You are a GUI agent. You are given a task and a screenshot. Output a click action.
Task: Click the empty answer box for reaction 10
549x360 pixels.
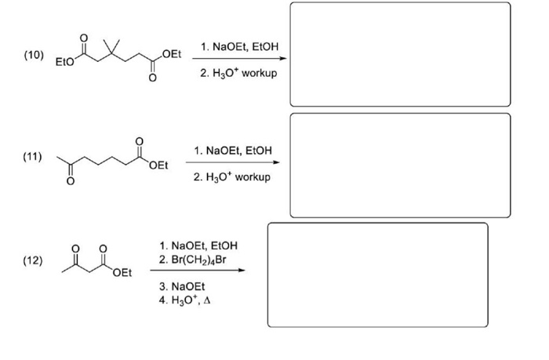click(x=400, y=54)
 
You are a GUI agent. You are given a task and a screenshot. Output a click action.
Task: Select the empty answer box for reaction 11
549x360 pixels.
click(x=400, y=165)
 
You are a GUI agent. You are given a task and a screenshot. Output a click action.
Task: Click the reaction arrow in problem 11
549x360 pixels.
click(x=232, y=163)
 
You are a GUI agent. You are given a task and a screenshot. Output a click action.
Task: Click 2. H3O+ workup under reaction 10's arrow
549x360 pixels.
click(x=238, y=72)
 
